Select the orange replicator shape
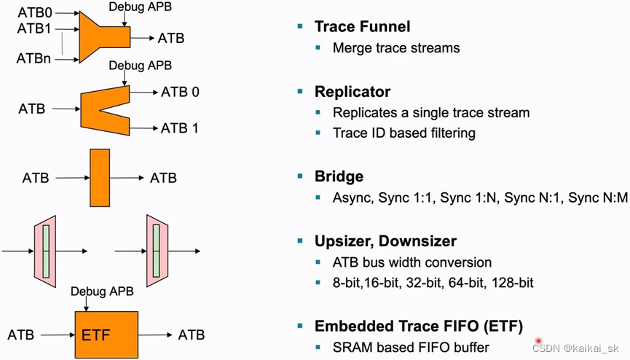tap(102, 109)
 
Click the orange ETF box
tap(106, 334)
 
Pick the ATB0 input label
tap(34, 12)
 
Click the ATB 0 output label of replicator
tap(180, 92)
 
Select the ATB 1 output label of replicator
tap(180, 128)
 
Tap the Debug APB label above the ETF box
tap(103, 291)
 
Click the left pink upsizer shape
tap(45, 251)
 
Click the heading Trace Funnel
tap(362, 27)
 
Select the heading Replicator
tap(353, 92)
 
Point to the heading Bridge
tap(339, 177)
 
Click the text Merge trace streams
tap(396, 48)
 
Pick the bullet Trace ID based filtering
tap(404, 133)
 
